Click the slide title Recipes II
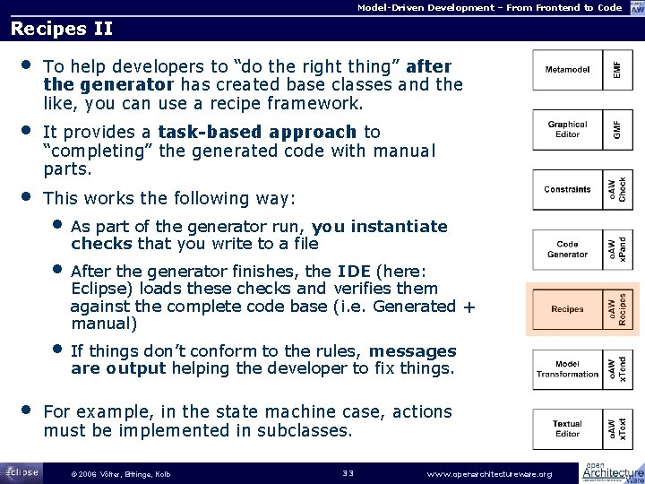coord(61,29)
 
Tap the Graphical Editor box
coord(567,130)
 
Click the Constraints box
coord(567,190)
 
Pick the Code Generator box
coord(567,250)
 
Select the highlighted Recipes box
coord(567,309)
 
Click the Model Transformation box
coord(567,368)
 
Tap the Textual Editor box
coord(567,429)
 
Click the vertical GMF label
coord(615,130)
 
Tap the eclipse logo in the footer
coord(20,471)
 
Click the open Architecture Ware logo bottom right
coord(614,471)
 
